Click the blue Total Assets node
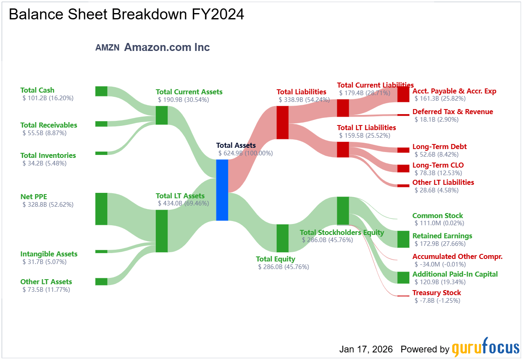(222, 190)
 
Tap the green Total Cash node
(101, 91)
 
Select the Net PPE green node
(101, 209)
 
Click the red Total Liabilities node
(283, 123)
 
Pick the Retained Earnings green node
(403, 239)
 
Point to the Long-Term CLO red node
(403, 168)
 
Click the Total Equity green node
(283, 238)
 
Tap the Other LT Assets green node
(101, 282)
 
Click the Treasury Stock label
(437, 293)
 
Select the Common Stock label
(438, 216)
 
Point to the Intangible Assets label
(49, 254)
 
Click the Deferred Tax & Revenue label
(453, 112)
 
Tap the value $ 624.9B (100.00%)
(245, 153)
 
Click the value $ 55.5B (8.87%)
(44, 133)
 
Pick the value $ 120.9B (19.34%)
(440, 282)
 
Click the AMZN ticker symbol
(107, 48)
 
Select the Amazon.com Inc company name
(167, 47)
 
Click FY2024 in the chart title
(218, 14)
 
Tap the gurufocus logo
(486, 347)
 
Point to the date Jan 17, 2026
(366, 349)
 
